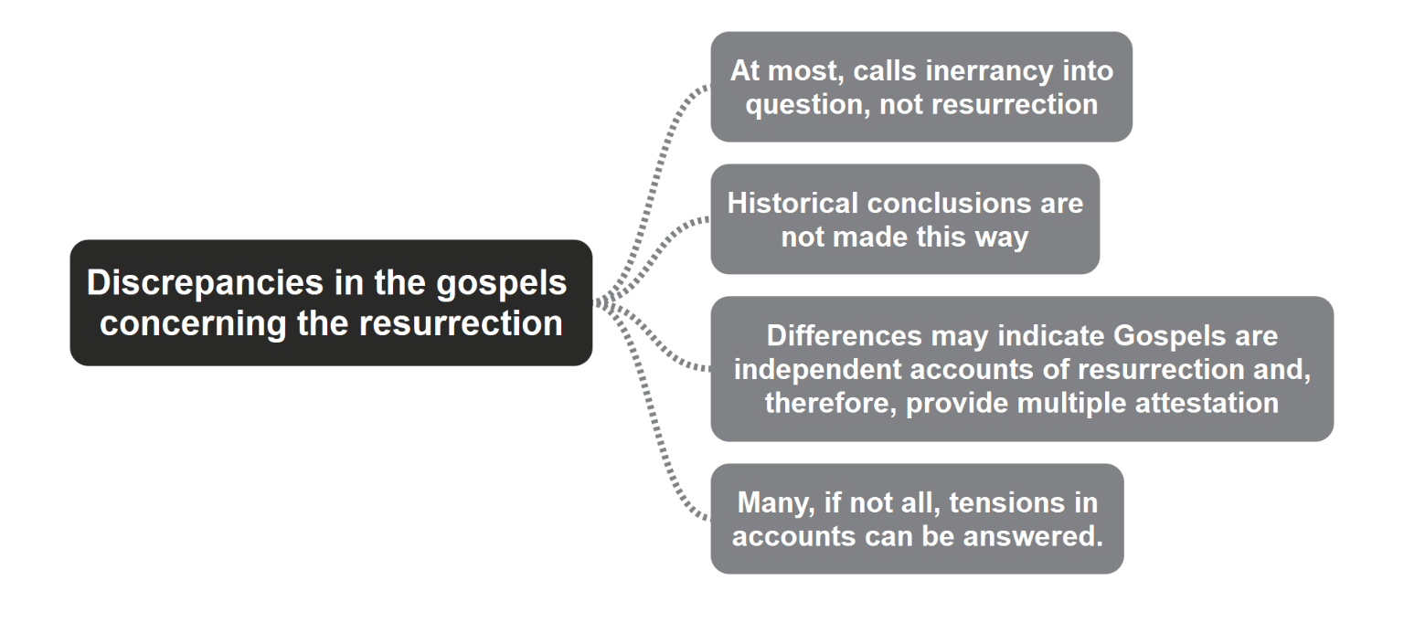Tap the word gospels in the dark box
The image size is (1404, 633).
pos(502,284)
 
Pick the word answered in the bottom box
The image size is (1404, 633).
pos(1033,536)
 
